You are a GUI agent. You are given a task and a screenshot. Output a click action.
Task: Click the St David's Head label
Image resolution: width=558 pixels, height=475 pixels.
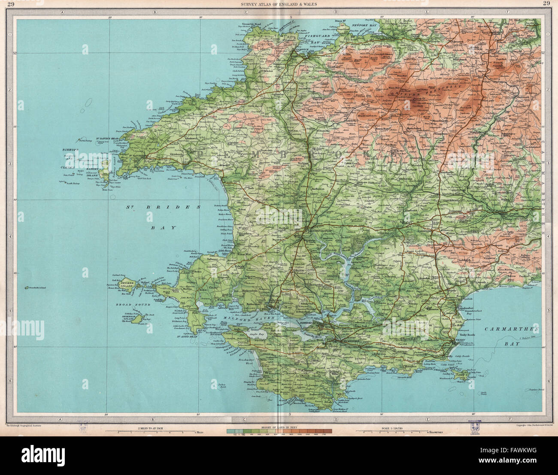(x=107, y=139)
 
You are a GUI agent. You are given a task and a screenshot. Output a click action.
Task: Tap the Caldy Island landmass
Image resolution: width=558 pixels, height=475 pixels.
(x=463, y=378)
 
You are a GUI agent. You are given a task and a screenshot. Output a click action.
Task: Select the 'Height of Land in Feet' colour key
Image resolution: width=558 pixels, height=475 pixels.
(x=279, y=431)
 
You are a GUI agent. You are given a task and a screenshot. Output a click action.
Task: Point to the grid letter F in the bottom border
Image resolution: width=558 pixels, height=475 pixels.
(x=508, y=419)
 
